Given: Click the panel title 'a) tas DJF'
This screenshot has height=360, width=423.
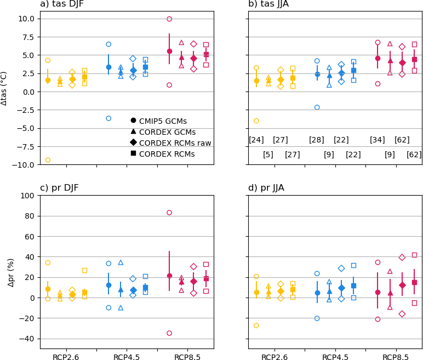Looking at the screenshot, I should pyautogui.click(x=62, y=4).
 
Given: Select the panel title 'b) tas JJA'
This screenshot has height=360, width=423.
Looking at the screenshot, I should pyautogui.click(x=268, y=4).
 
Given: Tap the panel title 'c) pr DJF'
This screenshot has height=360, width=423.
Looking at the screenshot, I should pyautogui.click(x=59, y=188).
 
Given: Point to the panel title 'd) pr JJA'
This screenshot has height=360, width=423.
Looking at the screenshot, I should pyautogui.click(x=266, y=188).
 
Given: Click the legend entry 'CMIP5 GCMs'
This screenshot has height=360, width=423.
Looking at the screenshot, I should pyautogui.click(x=163, y=121).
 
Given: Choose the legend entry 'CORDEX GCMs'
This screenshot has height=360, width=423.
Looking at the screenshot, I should pyautogui.click(x=167, y=132).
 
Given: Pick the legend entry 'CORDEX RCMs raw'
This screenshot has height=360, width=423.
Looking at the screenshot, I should pyautogui.click(x=175, y=143).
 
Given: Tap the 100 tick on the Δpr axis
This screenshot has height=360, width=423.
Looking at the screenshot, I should pyautogui.click(x=27, y=196).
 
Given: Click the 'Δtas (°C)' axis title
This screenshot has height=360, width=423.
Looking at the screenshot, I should pyautogui.click(x=4, y=88).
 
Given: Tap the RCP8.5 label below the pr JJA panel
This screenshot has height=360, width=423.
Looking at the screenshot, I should pyautogui.click(x=396, y=357).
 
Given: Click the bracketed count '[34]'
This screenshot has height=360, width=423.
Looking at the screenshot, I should pyautogui.click(x=378, y=140).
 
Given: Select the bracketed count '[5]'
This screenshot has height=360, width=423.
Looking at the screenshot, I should pyautogui.click(x=268, y=155).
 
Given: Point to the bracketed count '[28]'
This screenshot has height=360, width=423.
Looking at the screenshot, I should pyautogui.click(x=317, y=140).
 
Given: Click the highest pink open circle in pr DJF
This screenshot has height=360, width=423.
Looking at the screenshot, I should pyautogui.click(x=169, y=213).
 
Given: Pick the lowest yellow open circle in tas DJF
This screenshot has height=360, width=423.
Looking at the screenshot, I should pyautogui.click(x=48, y=160).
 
